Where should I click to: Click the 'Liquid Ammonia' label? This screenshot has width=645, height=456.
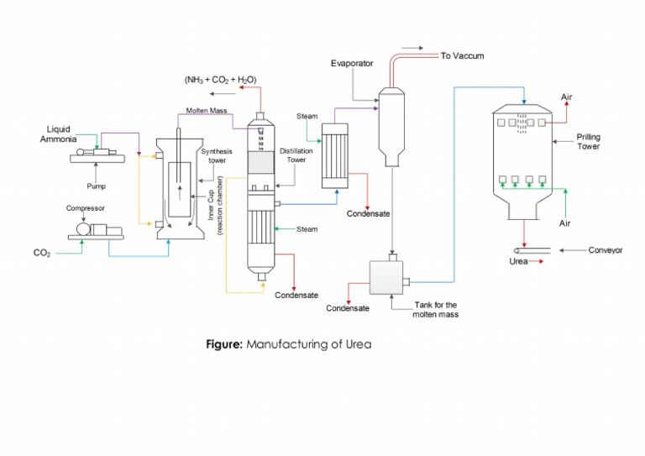(59, 134)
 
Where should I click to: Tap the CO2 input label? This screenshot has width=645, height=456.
(42, 253)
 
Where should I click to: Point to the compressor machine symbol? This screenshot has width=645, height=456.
(95, 229)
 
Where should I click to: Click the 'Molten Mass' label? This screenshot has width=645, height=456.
(207, 111)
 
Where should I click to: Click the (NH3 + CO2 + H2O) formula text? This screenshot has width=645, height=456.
(220, 80)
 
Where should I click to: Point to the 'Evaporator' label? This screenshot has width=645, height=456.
(351, 63)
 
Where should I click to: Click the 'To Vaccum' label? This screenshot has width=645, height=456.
(462, 56)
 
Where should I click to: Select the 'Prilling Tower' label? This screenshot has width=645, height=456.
(588, 141)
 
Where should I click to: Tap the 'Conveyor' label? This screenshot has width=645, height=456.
(605, 250)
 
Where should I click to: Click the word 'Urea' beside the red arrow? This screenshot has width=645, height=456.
(519, 262)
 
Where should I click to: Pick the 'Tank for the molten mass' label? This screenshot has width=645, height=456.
(435, 310)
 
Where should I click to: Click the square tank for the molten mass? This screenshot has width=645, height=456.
(385, 278)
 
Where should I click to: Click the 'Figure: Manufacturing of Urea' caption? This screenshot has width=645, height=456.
(288, 343)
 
